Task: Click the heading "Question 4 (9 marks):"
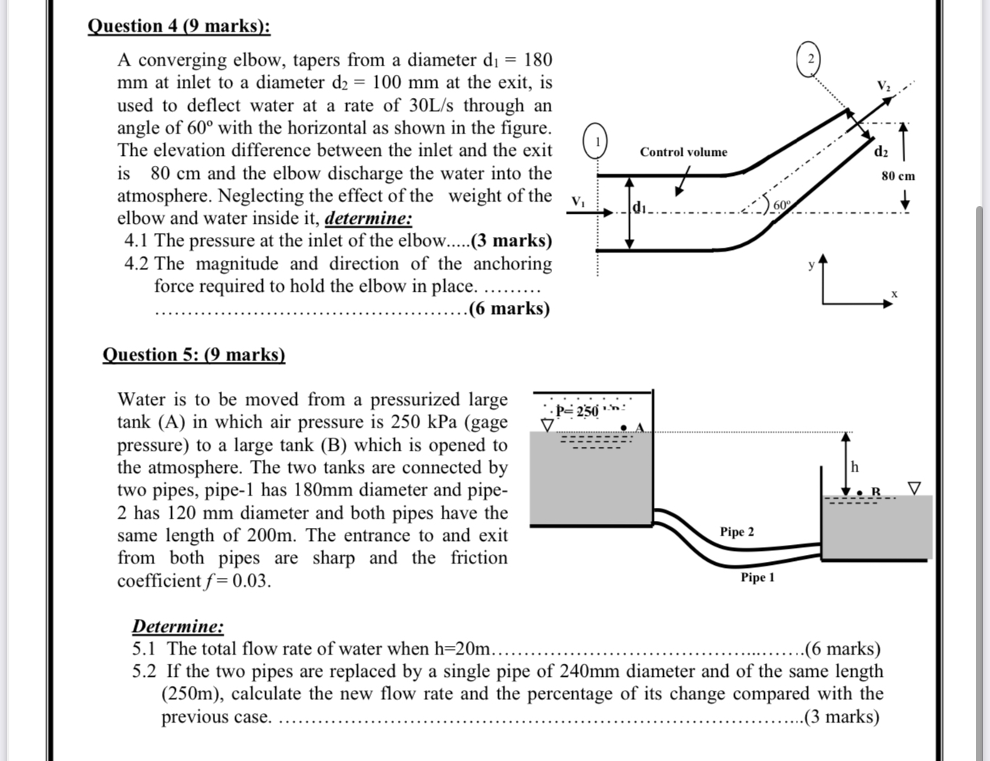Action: coord(179,26)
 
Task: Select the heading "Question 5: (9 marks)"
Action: coord(194,355)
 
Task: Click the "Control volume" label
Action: coord(683,152)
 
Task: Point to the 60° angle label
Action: coord(780,205)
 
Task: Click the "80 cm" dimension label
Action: coord(897,176)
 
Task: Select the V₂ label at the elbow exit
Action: coord(883,84)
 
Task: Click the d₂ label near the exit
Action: coord(881,151)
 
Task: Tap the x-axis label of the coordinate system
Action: coord(894,294)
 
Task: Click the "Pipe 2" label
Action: coord(737,532)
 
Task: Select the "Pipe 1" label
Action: coord(757,577)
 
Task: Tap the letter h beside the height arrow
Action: coord(854,467)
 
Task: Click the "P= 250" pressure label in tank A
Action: coord(578,411)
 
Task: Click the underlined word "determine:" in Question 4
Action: coord(369,218)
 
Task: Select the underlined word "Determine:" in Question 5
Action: coord(178,626)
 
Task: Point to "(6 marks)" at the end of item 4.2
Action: coord(509,309)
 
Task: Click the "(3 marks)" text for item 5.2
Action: coord(841,717)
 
